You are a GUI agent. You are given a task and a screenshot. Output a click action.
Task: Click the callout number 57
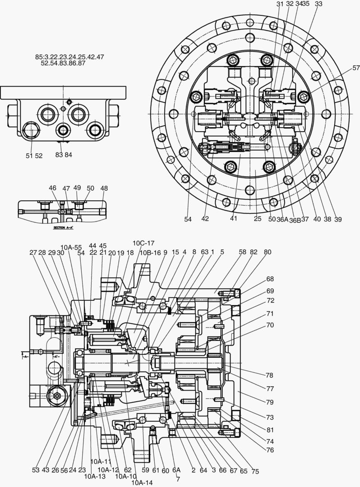[356, 68]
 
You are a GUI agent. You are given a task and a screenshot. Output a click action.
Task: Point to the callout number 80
[268, 253]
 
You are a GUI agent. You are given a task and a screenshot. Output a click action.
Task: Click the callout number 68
[270, 279]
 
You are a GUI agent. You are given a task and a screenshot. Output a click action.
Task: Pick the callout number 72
[270, 300]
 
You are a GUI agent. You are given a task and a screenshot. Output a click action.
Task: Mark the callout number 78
[269, 375]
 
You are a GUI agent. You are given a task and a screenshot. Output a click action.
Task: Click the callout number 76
[270, 450]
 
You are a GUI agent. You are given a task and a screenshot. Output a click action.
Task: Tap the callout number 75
[255, 471]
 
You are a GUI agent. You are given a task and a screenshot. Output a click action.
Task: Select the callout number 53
[36, 470]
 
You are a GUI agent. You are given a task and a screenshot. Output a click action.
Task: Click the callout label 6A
[176, 470]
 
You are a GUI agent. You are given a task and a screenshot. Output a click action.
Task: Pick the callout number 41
[233, 219]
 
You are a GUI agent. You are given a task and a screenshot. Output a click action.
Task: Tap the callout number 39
[337, 220]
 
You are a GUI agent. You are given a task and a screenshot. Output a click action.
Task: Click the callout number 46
[53, 188]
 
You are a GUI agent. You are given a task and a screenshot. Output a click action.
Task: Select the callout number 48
[104, 188]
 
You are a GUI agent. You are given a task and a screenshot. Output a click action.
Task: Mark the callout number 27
[33, 253]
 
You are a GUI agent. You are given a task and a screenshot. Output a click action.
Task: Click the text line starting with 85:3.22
[69, 57]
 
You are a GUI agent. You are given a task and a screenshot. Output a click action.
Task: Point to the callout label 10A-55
[71, 247]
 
